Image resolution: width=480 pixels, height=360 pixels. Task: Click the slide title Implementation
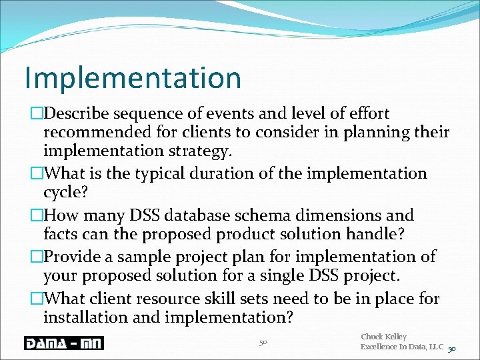point(133,77)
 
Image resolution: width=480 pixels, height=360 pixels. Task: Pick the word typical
point(186,174)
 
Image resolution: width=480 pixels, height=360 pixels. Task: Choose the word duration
point(257,174)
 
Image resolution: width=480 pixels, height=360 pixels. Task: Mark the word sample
point(154,257)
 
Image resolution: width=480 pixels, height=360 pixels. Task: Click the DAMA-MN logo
point(64,343)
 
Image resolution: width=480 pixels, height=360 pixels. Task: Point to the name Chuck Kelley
point(383,337)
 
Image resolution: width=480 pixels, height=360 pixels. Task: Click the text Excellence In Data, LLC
point(402,347)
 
